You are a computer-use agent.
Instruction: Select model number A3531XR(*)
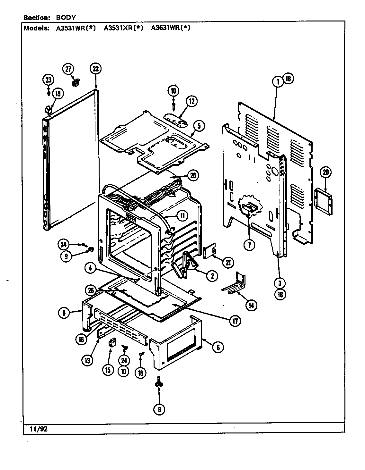[x=123, y=28]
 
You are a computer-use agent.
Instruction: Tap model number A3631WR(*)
[x=171, y=28]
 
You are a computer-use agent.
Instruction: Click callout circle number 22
[x=96, y=69]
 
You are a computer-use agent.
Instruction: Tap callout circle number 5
[x=199, y=126]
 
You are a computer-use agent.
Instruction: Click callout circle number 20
[x=325, y=172]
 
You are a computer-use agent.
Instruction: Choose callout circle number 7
[x=249, y=245]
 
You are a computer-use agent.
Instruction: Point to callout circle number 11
[x=182, y=215]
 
